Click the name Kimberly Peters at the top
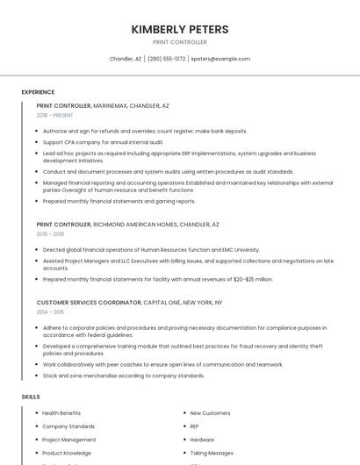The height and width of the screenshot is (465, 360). [180, 29]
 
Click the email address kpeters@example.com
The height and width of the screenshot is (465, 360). [220, 59]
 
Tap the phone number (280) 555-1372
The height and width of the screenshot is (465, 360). [166, 59]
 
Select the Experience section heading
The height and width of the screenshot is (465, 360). [38, 92]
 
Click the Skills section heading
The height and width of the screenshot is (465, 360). [31, 397]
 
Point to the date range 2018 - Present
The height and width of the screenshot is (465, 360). [54, 115]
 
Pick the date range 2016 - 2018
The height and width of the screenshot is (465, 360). [50, 234]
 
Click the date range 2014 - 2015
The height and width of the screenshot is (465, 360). [50, 311]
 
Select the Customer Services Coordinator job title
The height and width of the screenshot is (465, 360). [89, 303]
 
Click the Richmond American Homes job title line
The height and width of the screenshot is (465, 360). [127, 225]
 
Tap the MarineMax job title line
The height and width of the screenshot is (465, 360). [103, 105]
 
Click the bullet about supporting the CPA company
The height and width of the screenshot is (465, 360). [103, 141]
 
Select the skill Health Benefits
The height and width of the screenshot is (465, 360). [61, 413]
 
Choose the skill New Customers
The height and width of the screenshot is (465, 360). [210, 413]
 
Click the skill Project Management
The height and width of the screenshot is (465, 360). [69, 440]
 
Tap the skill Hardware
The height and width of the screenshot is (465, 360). [202, 440]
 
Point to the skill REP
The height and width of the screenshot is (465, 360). [194, 426]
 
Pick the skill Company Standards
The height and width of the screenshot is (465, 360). [68, 426]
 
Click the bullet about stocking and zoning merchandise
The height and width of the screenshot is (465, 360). [123, 376]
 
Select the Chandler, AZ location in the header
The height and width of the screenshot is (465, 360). [126, 59]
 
